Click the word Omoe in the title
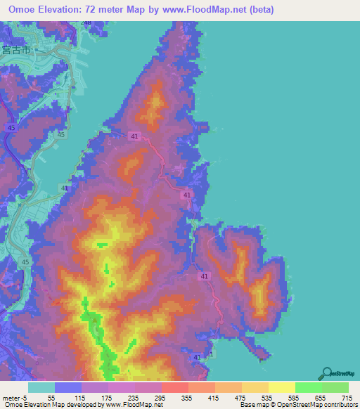pos(24,10)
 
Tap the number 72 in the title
pos(98,10)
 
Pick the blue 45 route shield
pos(11,127)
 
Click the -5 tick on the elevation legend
pos(24,397)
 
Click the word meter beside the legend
pos(10,397)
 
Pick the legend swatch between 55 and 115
pos(68,387)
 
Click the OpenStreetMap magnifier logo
pos(327,373)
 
